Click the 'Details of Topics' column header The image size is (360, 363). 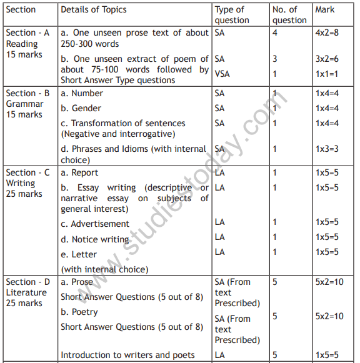[94, 9]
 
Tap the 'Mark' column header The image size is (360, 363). [324, 9]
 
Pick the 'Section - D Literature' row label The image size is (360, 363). [27, 292]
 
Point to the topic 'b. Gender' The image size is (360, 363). [82, 108]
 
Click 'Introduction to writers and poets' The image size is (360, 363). [127, 355]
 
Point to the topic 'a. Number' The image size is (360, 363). [82, 93]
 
